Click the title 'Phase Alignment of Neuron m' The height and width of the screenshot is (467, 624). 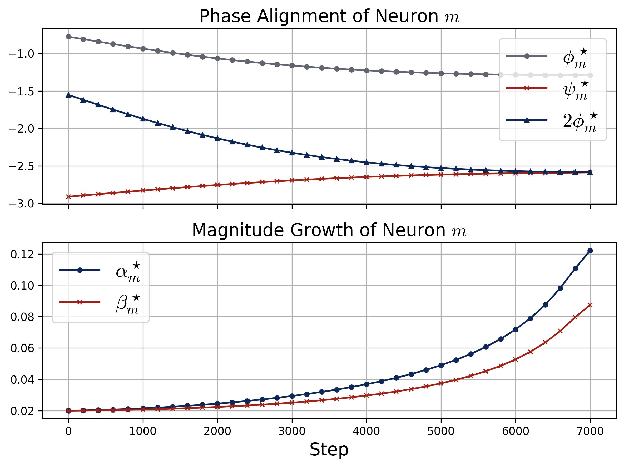pos(329,16)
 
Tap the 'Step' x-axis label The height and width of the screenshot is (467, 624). pos(329,450)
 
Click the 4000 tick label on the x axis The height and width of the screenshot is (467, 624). pos(367,432)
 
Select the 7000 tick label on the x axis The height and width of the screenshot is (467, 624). pos(590,432)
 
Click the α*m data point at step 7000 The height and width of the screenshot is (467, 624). pos(590,251)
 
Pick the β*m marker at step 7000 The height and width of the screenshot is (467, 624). pos(590,305)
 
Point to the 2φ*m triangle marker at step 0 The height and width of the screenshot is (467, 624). pos(68,95)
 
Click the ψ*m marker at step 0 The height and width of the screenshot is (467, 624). pos(68,197)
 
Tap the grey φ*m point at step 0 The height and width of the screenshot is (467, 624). pos(68,37)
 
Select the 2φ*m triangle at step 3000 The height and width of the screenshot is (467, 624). pos(292,153)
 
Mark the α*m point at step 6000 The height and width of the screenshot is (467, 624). pos(516,329)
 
